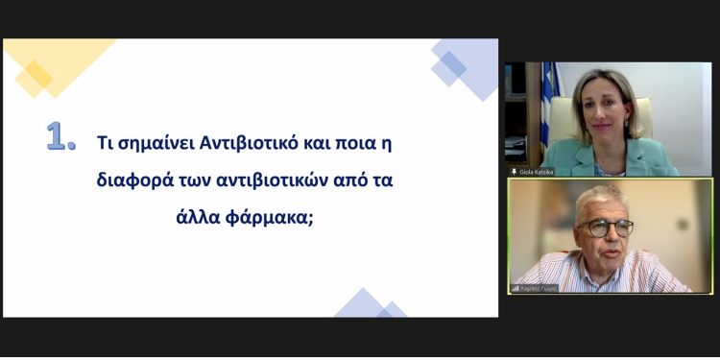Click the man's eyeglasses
605,227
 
